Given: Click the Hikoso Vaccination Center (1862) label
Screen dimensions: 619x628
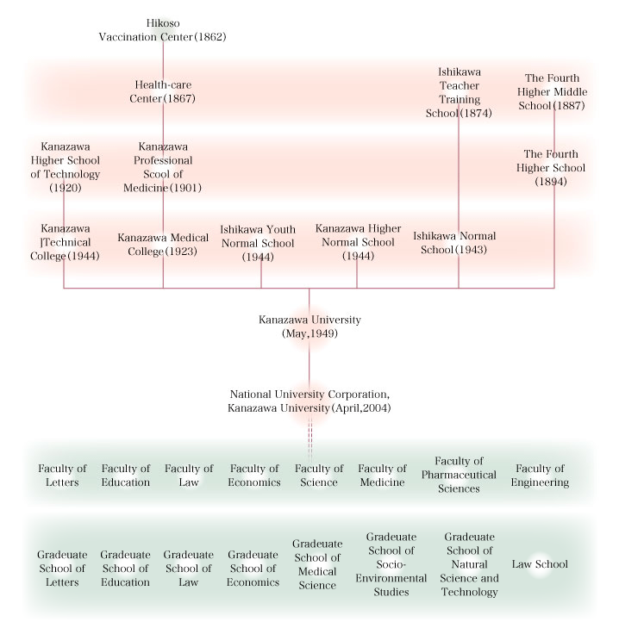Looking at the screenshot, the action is tap(162, 30).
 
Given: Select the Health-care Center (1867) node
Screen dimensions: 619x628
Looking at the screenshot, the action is tap(162, 91).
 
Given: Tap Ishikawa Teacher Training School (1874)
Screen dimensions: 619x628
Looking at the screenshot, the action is tap(459, 92).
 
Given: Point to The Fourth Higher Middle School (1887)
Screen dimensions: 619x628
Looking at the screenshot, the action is tap(552, 91).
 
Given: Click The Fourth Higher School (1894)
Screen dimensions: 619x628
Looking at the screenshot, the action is tap(551, 168).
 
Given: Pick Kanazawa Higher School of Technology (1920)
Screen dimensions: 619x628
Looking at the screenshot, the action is tap(65, 167).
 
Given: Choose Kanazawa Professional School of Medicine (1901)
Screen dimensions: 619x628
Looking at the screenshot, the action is tap(162, 167).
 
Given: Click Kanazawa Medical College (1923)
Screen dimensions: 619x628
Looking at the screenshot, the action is tap(163, 245).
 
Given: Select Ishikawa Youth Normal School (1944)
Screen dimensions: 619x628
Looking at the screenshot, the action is tap(258, 243).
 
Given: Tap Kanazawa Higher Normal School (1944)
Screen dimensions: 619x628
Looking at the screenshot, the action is tap(358, 242).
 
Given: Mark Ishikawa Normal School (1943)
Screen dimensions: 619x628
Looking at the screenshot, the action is tap(454, 243).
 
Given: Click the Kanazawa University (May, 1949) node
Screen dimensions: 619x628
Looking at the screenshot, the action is tap(309, 326).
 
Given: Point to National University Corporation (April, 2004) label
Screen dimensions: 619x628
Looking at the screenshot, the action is tap(309, 401).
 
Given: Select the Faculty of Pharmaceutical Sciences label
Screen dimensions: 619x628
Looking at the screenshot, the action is tap(459, 475).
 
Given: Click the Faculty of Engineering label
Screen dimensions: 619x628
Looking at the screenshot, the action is tap(540, 475).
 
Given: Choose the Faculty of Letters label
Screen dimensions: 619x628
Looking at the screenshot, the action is tap(62, 475).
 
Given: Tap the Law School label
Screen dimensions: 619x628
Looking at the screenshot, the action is tap(540, 564).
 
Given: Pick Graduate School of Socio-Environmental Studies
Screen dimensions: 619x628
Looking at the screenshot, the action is tap(391, 564).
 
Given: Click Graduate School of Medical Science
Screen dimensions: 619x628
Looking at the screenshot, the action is tap(317, 564).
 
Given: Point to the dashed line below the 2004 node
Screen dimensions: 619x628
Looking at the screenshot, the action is tap(309, 438).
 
